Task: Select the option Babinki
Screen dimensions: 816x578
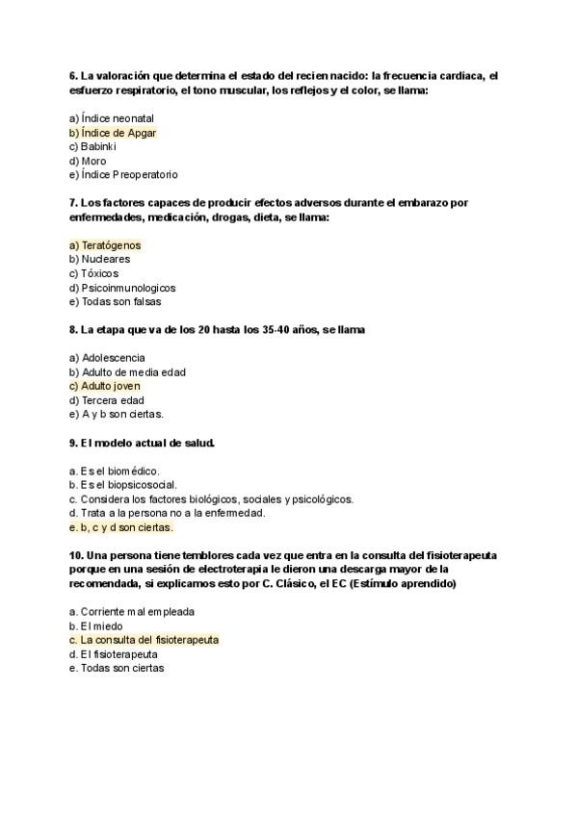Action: (x=98, y=146)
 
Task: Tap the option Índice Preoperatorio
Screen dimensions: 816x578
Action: (x=123, y=175)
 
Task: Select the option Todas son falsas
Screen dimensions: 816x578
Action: (x=115, y=302)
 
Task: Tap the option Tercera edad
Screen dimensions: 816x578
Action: (x=107, y=400)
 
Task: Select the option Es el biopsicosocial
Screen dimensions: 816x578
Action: (x=123, y=485)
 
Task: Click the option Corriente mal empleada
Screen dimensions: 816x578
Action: (x=131, y=611)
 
